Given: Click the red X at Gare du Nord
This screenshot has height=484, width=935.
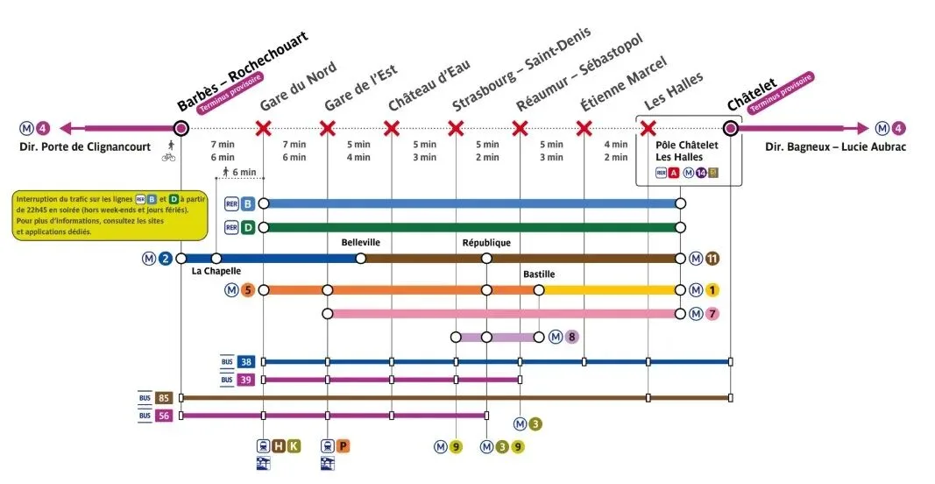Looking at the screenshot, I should pos(263,129).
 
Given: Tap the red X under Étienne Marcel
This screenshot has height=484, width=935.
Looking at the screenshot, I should pos(584,129).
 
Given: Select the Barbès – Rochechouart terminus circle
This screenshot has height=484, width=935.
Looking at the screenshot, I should pos(181,129).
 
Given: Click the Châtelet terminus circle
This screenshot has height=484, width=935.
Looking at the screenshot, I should pos(730,129).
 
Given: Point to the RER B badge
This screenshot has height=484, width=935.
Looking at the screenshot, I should pos(248,203).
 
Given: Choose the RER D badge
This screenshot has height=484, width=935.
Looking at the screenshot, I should pos(248,228).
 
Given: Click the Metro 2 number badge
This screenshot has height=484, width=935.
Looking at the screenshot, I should pos(166,259).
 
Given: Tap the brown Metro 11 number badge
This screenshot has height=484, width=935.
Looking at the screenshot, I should pos(712,259).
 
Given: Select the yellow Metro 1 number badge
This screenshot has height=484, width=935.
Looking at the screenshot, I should pos(712,290).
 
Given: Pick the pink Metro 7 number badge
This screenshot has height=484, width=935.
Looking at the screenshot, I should pos(712,313).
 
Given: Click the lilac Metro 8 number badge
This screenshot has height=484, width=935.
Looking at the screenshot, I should pos(570,337).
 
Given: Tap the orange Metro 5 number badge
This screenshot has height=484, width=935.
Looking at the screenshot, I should pos(247,290).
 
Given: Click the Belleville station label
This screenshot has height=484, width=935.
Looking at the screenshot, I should pos(361,243).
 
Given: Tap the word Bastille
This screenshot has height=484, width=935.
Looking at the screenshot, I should pos(539,274).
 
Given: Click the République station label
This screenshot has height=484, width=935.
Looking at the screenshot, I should pos(485,243).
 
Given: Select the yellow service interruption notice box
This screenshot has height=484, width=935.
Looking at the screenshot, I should pos(110,215).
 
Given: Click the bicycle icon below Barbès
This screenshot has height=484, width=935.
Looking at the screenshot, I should pos(168,159).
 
